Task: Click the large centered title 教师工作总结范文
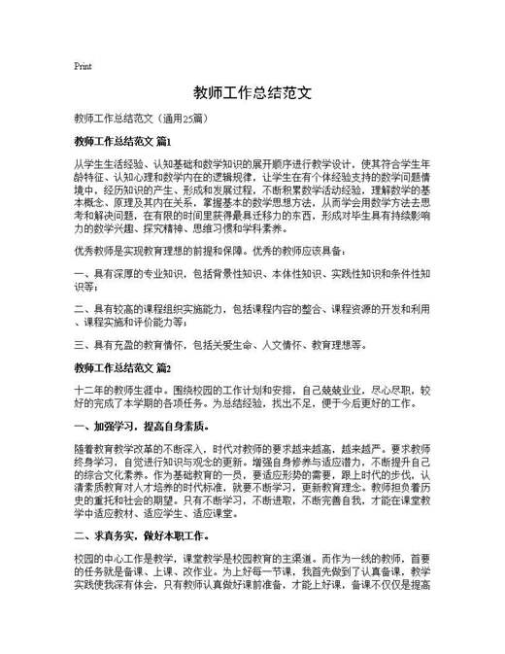252,93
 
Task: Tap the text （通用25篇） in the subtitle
182,119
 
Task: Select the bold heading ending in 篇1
121,142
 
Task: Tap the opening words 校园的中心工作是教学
127,563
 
